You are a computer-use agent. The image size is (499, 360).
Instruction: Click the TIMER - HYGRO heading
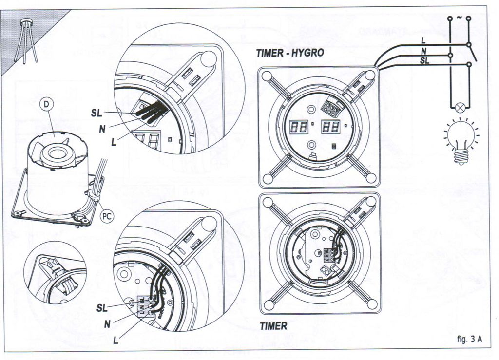[x=289, y=53]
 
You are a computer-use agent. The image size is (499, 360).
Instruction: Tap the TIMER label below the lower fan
[x=273, y=326]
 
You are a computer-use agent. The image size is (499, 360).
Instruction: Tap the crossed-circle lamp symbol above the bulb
[x=459, y=108]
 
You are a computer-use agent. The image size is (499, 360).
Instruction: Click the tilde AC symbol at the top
[x=459, y=18]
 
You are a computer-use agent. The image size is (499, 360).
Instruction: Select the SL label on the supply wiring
[x=424, y=60]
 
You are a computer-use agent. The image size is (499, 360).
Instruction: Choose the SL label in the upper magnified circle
[x=96, y=113]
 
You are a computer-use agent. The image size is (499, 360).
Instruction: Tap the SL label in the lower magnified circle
[x=101, y=308]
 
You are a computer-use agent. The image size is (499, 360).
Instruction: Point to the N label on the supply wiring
[x=423, y=51]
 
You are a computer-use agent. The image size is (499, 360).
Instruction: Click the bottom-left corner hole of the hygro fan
[x=267, y=179]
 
